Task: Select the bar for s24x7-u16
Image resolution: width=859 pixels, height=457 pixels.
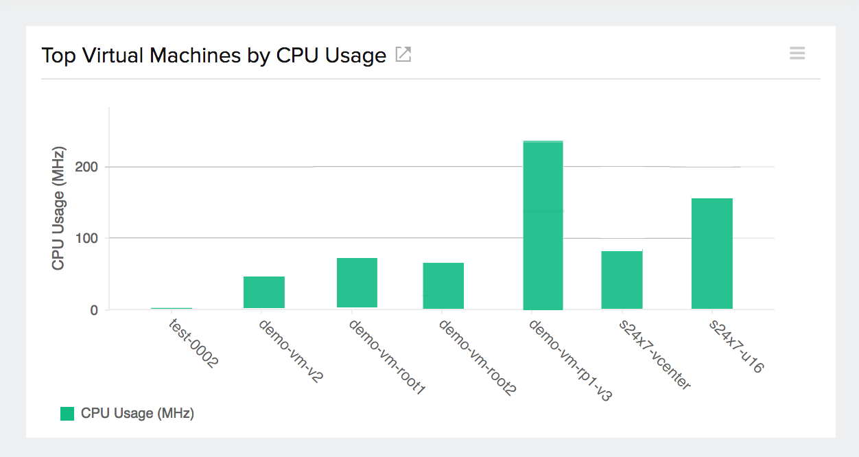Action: click(711, 253)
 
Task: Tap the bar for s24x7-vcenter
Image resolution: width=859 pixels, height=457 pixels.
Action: click(622, 279)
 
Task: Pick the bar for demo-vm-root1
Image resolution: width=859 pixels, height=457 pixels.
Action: click(357, 283)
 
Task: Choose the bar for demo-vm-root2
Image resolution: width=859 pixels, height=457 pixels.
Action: click(443, 285)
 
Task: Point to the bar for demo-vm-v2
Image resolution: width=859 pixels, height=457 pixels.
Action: click(264, 292)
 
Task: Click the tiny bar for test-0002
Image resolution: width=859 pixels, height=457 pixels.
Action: click(172, 308)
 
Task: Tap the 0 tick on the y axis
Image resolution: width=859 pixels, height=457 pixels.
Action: click(94, 310)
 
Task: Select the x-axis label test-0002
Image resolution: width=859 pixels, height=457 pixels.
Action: click(193, 342)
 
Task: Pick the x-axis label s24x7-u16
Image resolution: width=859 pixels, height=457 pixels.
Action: click(736, 347)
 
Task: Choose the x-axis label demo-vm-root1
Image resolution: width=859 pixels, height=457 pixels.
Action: click(388, 358)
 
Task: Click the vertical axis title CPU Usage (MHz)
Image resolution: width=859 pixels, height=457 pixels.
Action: click(58, 208)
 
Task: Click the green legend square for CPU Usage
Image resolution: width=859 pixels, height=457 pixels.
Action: click(67, 413)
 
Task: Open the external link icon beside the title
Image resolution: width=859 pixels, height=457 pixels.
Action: click(403, 55)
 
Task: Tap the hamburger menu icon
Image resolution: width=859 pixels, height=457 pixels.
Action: click(797, 54)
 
